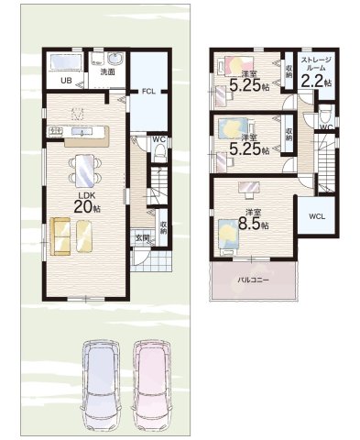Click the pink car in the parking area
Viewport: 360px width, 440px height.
152,386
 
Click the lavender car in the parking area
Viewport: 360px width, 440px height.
103,386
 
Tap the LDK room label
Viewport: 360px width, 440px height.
86,195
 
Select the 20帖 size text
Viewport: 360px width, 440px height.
87,207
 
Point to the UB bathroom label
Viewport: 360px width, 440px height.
66,81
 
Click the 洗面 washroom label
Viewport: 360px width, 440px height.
107,72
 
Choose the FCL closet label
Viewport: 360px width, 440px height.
148,91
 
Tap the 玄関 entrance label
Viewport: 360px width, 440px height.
142,236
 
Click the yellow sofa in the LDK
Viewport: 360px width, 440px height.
60,236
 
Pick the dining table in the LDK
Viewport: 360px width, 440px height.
85,170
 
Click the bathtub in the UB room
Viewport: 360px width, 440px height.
65,62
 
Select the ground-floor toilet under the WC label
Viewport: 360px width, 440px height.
159,152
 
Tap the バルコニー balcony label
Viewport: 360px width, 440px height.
254,280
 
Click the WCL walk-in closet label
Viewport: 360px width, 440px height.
317,216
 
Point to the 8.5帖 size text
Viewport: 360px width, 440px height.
253,224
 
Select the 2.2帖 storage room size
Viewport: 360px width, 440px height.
317,82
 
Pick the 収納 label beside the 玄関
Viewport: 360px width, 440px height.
164,227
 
